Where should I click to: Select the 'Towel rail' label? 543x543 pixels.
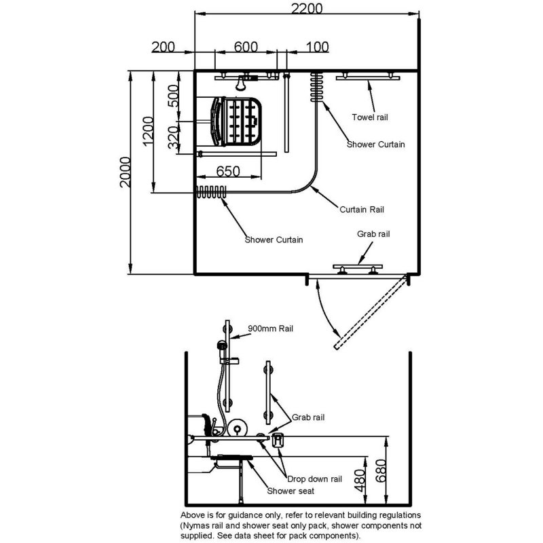click(x=370, y=117)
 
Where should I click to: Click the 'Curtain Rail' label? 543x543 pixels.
click(x=362, y=209)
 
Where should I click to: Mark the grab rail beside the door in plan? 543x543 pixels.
click(x=358, y=267)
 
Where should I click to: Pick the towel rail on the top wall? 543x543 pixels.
click(x=367, y=77)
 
